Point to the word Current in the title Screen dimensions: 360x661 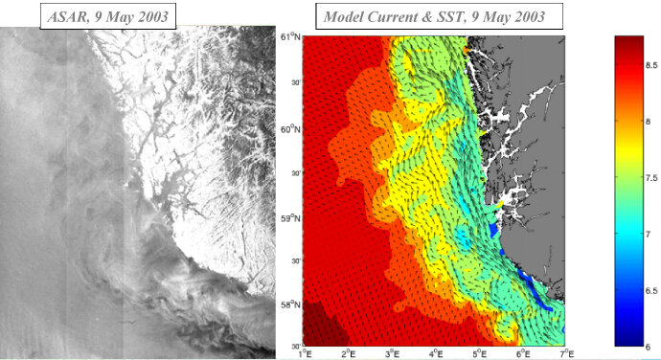(x=399, y=17)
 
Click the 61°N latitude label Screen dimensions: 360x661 (x=291, y=36)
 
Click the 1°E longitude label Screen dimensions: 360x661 (x=306, y=352)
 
